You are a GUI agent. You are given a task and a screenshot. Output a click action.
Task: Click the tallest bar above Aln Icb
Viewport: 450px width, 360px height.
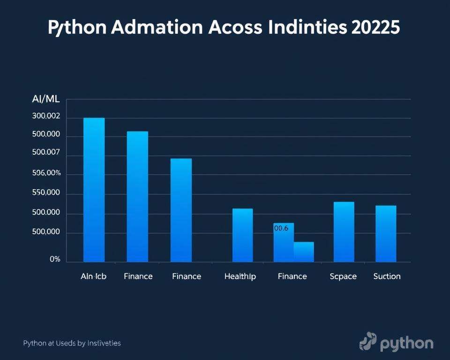coord(94,190)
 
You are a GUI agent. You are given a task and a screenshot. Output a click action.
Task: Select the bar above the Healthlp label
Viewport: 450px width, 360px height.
coord(242,235)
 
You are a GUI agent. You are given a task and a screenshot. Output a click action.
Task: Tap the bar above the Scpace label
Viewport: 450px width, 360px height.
coord(344,232)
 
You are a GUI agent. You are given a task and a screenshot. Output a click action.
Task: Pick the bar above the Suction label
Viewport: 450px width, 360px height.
coord(386,234)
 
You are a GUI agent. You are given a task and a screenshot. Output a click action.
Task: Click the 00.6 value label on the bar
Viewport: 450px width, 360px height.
coord(280,228)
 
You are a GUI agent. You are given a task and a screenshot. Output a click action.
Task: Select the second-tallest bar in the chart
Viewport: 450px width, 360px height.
coord(137,197)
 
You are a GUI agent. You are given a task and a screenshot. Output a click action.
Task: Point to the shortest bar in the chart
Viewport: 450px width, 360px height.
coord(304,252)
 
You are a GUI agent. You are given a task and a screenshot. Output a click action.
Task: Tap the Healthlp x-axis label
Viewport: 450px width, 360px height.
coord(240,277)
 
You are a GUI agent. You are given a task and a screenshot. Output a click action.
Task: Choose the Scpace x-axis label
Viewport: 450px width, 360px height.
coord(343,277)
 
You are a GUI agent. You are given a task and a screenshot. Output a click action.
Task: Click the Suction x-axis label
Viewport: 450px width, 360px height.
coord(387,277)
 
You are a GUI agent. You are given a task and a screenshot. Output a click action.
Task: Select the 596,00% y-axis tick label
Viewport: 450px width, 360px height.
coord(46,173)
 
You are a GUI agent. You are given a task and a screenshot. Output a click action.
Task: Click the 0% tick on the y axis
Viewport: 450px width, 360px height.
coord(55,259)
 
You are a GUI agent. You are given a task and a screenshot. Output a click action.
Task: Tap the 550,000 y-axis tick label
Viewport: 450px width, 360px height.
coord(46,193)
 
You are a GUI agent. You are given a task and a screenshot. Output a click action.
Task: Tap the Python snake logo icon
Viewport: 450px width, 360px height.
coord(368,342)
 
